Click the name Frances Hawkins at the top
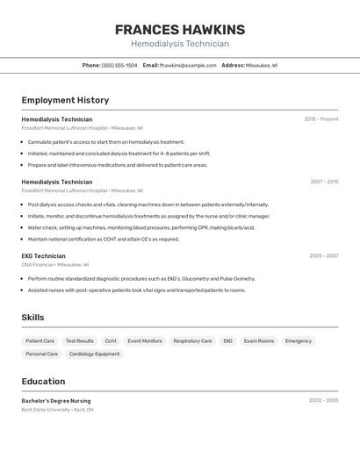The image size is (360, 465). [180, 30]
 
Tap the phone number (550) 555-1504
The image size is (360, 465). [119, 65]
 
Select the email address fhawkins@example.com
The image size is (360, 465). [188, 65]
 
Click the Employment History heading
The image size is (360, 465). [65, 100]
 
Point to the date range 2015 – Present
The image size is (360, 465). [321, 119]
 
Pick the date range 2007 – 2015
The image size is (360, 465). [324, 182]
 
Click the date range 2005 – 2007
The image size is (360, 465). [324, 256]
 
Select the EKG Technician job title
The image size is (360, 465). [44, 256]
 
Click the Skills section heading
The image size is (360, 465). [32, 318]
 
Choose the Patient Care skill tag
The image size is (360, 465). [40, 340]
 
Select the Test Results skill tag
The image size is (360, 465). [80, 340]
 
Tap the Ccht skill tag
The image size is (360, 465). [111, 340]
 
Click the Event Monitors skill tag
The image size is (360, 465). [145, 340]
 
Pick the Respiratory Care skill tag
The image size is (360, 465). [192, 340]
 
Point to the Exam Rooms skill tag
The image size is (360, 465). [259, 340]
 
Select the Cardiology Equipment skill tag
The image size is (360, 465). [95, 354]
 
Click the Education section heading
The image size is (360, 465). [43, 382]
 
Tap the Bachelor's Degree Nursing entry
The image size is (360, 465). [56, 400]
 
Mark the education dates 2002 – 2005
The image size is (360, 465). [324, 400]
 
